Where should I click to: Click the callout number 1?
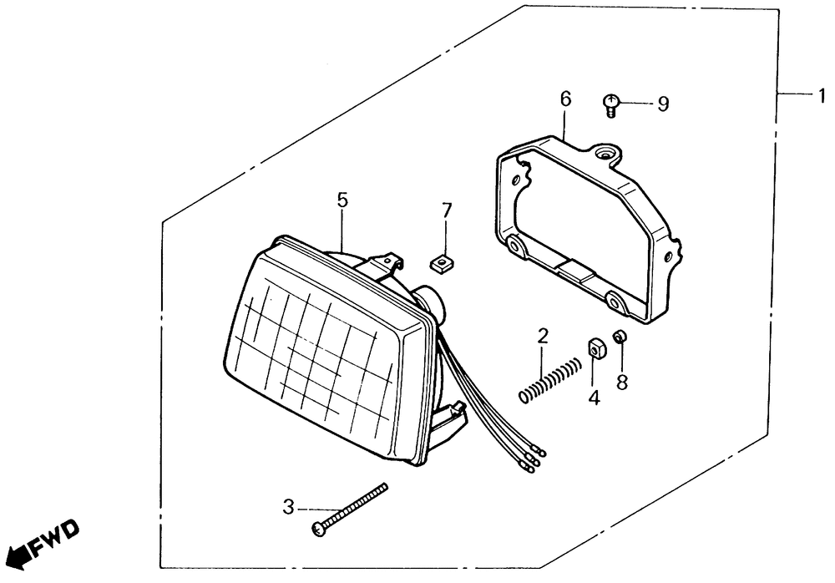(x=822, y=96)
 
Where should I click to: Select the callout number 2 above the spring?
(x=543, y=337)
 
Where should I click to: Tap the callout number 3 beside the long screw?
(x=288, y=505)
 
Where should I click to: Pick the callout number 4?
(x=594, y=398)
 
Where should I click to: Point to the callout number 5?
(x=342, y=200)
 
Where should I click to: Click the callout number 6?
(x=565, y=99)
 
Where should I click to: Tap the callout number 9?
(x=663, y=104)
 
